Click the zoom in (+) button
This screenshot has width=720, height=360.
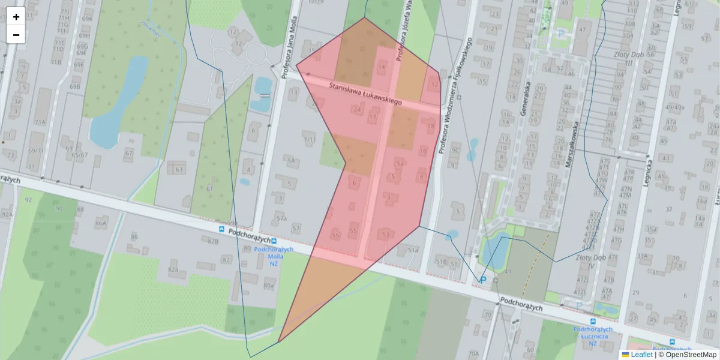[16, 17]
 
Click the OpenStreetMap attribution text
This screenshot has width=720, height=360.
[691, 355]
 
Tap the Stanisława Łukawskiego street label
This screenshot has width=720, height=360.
[365, 95]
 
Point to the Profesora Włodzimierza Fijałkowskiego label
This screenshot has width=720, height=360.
[455, 96]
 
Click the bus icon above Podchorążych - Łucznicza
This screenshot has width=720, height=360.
[593, 322]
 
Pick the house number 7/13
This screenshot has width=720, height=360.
[310, 140]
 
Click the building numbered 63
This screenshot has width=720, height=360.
[178, 170]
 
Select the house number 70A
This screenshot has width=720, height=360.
[473, 354]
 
